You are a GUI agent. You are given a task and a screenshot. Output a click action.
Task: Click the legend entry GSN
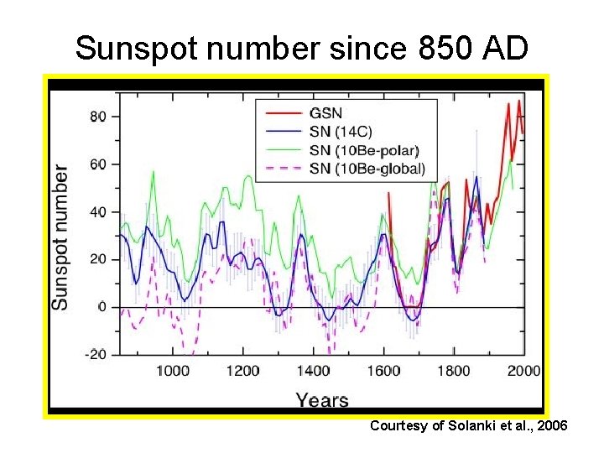click(x=325, y=113)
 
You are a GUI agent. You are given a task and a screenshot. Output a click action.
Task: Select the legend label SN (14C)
click(x=341, y=132)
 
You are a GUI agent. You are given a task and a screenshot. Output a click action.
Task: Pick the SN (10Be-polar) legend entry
click(x=363, y=150)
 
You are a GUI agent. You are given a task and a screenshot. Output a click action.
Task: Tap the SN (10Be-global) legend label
click(x=367, y=169)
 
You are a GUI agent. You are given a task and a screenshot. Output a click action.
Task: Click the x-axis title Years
click(x=321, y=399)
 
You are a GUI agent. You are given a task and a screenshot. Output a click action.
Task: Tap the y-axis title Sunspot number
click(x=61, y=237)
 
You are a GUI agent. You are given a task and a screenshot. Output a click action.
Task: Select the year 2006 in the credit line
click(x=551, y=427)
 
